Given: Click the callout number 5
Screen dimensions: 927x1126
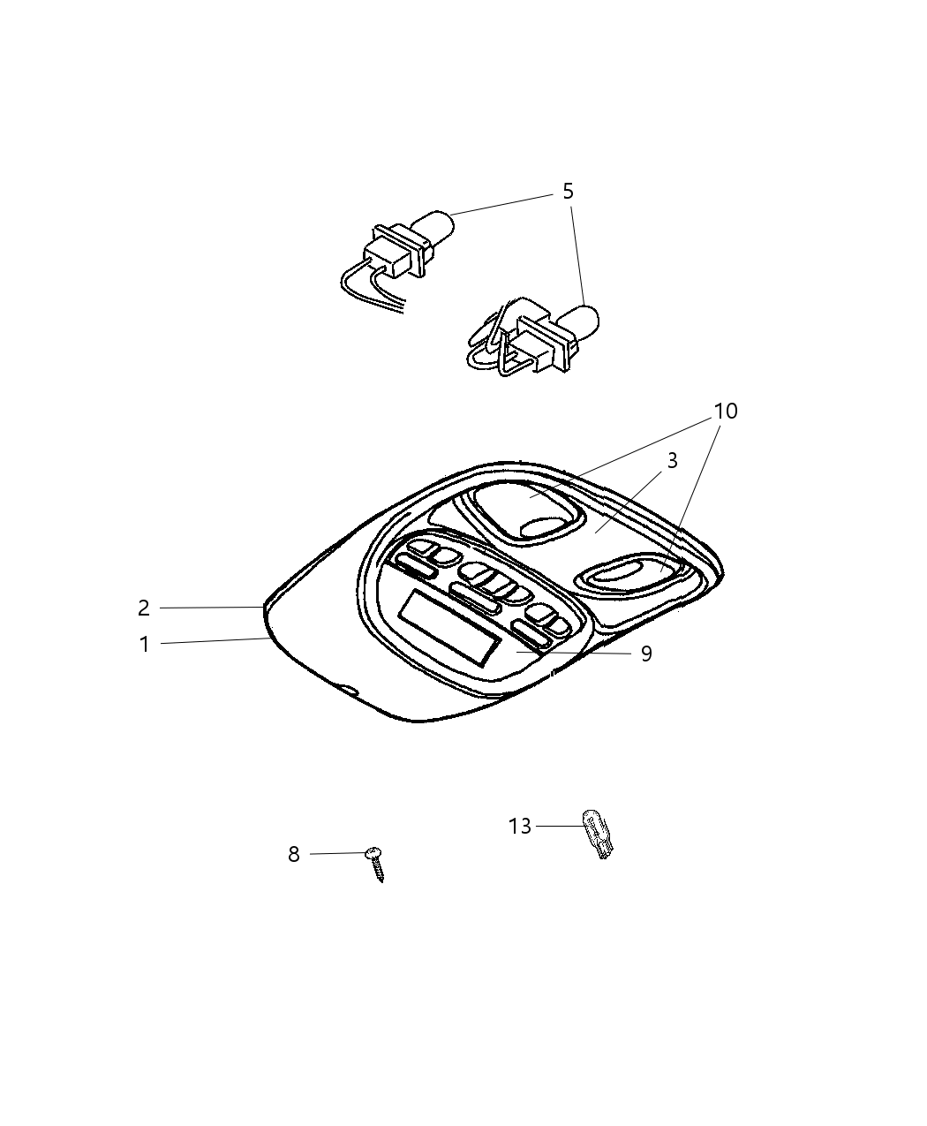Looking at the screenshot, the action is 568,192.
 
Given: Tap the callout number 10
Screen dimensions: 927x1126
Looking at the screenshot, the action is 726,412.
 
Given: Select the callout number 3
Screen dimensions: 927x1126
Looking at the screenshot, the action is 672,460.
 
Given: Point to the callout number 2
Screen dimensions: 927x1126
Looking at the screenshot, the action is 143,608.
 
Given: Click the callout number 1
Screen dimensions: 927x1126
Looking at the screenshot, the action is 144,645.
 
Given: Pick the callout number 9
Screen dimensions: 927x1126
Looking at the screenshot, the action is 646,654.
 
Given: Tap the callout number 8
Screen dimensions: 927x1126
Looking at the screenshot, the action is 293,854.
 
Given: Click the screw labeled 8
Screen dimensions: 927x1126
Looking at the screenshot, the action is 375,865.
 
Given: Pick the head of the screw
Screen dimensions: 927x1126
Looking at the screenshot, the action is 373,852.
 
